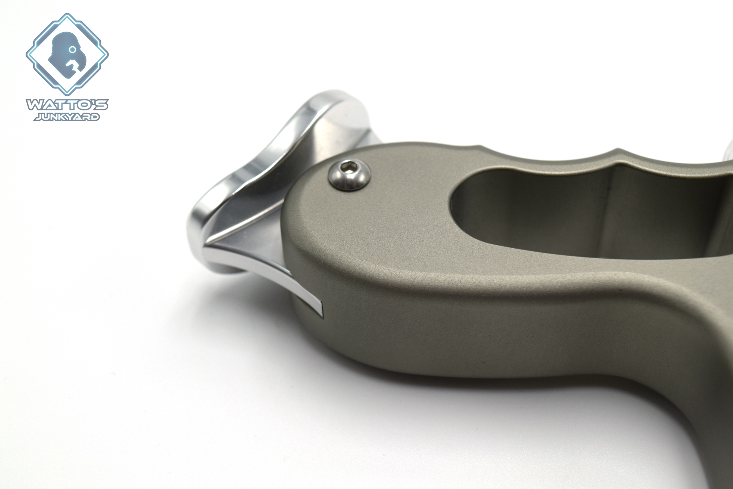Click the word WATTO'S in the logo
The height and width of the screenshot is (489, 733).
[x=67, y=105]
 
